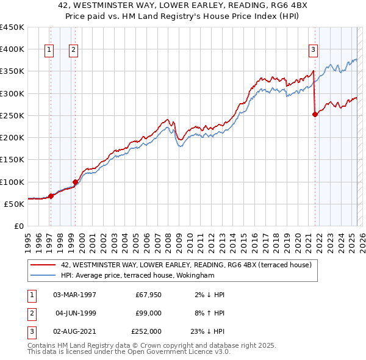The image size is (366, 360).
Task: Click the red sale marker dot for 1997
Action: tap(51, 196)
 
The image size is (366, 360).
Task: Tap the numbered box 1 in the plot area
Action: tap(49, 50)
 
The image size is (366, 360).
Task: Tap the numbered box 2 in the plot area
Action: tap(73, 50)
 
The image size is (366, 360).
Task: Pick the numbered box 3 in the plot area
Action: tap(313, 50)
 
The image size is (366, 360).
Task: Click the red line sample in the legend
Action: tap(42, 265)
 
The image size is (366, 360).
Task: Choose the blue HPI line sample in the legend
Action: tap(42, 275)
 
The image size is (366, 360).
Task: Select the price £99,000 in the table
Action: tap(148, 313)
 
